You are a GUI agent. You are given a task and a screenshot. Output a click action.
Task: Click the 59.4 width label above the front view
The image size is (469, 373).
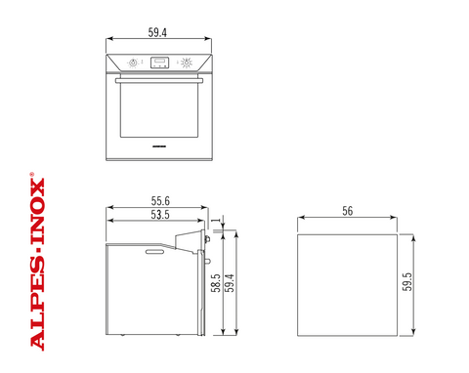click(x=157, y=32)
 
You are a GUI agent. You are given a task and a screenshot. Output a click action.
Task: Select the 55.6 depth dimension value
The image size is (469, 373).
click(x=160, y=201)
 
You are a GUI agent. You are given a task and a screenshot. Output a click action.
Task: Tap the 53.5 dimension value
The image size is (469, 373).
click(x=160, y=215)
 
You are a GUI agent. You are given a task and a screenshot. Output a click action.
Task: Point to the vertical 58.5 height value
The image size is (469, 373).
click(x=216, y=283)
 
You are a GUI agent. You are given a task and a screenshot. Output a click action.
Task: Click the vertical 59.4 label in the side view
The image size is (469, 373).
click(x=230, y=283)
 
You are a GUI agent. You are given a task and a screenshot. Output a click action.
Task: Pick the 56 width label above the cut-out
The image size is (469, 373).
click(x=348, y=211)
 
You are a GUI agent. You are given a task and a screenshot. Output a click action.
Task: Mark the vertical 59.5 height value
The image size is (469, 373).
click(x=407, y=281)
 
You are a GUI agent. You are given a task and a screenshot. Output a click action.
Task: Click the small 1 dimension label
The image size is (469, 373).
click(x=215, y=221)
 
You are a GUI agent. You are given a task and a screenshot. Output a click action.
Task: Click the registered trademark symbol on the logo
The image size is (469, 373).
click(x=32, y=174)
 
